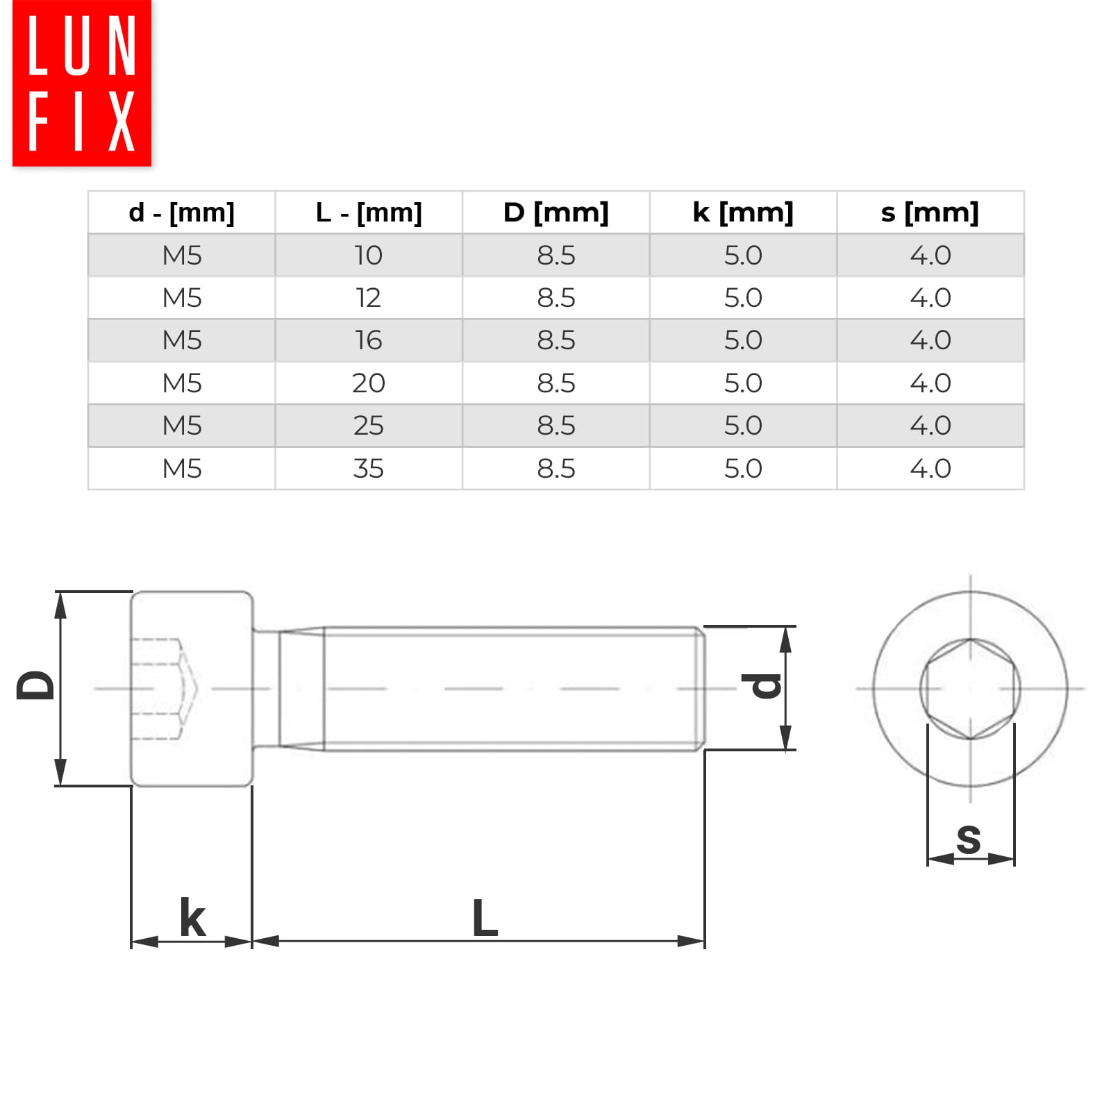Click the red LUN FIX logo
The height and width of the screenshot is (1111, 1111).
click(82, 83)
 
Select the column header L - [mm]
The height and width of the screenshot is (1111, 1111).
click(369, 212)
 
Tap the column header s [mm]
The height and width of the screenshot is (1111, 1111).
click(930, 212)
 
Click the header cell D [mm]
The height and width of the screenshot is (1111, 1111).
click(556, 212)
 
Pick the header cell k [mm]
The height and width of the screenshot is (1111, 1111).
click(743, 212)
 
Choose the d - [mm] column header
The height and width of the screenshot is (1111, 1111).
click(182, 212)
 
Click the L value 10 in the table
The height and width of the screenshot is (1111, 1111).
click(369, 256)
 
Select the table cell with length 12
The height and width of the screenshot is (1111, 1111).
click(369, 298)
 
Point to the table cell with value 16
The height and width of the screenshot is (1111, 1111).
click(369, 340)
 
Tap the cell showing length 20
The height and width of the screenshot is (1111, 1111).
click(369, 383)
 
